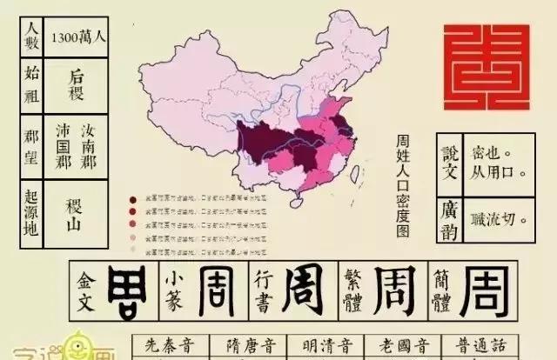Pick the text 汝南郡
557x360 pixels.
pyautogui.click(x=89, y=144)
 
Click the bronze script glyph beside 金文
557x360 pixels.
pyautogui.click(x=127, y=290)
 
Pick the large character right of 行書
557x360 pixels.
pyautogui.click(x=298, y=290)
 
